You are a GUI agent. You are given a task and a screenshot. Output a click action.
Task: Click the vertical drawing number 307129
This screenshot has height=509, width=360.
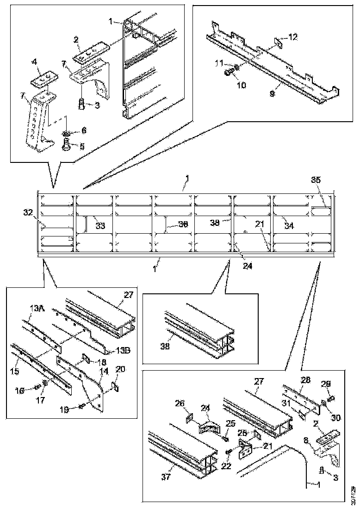coord(354,495)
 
